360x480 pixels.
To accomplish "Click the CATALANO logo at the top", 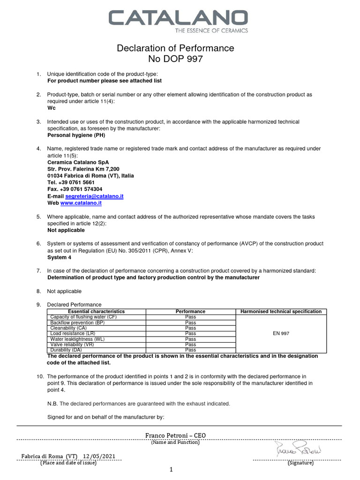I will [178, 18].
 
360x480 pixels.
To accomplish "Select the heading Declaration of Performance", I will [175, 48].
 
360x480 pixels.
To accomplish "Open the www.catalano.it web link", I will [81, 203].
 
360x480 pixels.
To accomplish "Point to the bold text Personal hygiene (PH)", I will [76, 135].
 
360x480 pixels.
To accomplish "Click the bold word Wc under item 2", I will [51, 108].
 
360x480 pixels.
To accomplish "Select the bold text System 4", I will [60, 257].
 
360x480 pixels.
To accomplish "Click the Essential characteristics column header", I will [97, 311].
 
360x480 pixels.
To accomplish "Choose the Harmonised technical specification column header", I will [281, 311].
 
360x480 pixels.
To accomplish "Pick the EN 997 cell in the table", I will [281, 333].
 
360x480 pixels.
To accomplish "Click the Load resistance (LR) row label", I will [73, 333].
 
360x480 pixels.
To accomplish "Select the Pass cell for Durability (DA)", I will [190, 350].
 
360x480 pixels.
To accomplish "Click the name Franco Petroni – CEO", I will [175, 435].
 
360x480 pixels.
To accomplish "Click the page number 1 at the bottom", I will [172, 469].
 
